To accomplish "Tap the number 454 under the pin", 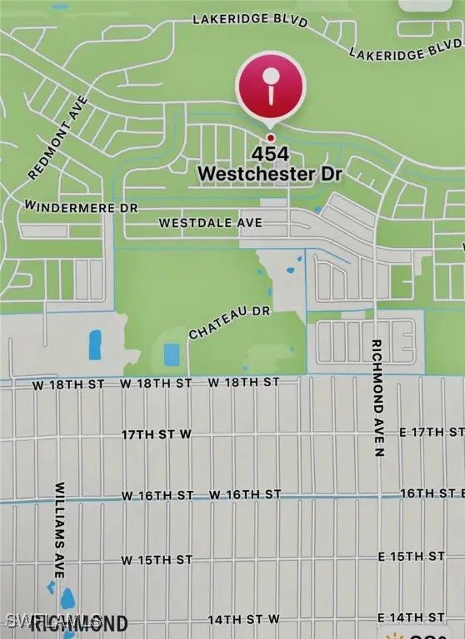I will [270, 155].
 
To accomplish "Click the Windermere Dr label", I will [82, 206].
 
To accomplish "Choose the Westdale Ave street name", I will [210, 223].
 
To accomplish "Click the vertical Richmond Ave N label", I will [377, 398].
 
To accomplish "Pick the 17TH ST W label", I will [157, 434].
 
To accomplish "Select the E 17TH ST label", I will [432, 432].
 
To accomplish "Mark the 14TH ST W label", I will [242, 620].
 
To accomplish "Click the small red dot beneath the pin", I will [270, 137].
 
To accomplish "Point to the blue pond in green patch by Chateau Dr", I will [172, 354].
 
